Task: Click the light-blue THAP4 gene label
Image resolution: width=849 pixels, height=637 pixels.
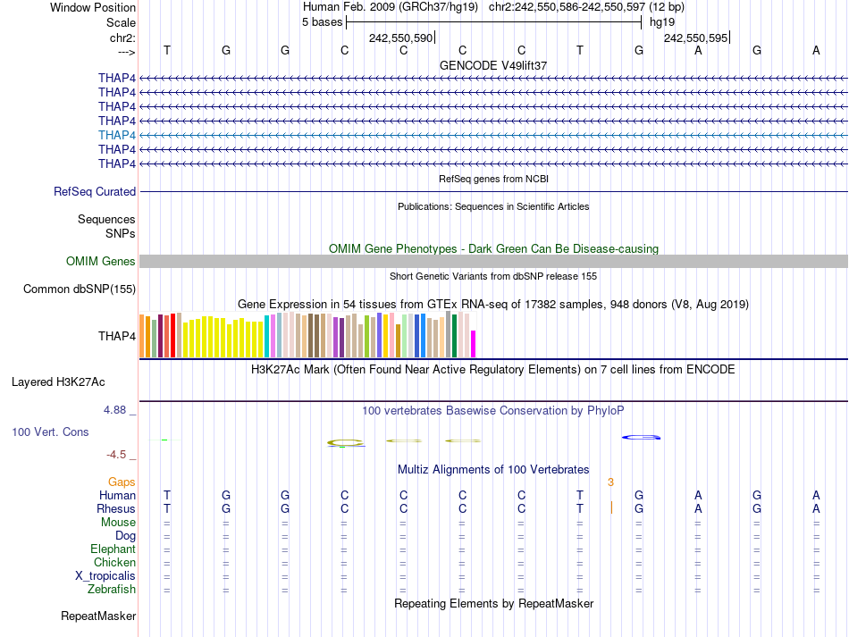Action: coord(117,135)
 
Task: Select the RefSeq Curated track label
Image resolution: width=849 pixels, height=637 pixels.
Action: coord(95,191)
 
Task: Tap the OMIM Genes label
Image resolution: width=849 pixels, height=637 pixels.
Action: coord(101,261)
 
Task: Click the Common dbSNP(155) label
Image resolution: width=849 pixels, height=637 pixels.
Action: coord(80,289)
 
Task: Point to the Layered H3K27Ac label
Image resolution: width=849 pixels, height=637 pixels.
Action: coord(58,381)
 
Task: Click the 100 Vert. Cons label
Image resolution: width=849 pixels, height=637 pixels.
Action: coord(50,432)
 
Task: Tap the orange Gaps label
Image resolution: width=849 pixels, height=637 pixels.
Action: coord(122,482)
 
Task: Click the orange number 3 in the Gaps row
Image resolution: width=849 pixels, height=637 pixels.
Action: coord(610,482)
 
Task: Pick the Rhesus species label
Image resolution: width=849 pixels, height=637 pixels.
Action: coord(116,508)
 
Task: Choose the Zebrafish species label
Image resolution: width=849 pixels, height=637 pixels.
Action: coord(112,589)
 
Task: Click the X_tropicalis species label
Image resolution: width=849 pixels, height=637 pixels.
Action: coord(105,575)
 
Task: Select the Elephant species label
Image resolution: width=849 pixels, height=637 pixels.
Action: coord(113,549)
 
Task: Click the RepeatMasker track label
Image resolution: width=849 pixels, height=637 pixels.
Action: coord(98,616)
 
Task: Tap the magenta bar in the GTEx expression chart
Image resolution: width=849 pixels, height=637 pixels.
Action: coord(474,344)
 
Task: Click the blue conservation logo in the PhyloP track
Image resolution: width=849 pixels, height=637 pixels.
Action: coord(642,437)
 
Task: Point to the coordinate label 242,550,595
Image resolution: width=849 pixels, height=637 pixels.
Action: coord(696,38)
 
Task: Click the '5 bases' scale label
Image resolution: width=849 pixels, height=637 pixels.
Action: coord(322,21)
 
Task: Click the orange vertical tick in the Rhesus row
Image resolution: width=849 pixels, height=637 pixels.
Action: coord(611,508)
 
